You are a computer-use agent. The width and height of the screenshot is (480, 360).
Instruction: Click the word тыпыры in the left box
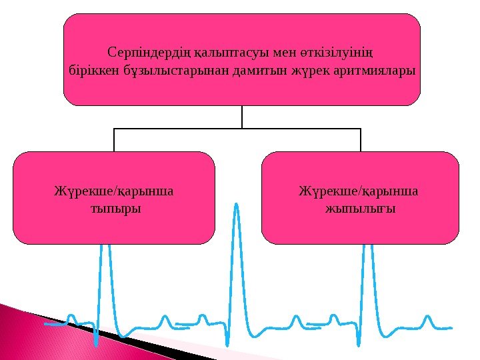tap(115, 209)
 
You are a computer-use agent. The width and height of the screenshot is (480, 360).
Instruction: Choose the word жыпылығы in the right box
tap(360, 209)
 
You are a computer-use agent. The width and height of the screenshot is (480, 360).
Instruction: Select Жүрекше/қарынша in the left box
tap(113, 192)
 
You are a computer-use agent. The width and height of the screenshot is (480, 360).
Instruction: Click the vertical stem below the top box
tap(242, 117)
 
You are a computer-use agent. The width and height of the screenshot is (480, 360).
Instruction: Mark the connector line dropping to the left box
tap(114, 140)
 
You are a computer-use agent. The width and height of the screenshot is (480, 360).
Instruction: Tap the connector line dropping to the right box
tap(361, 140)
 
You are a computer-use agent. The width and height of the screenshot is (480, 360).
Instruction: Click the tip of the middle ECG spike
tap(235, 204)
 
